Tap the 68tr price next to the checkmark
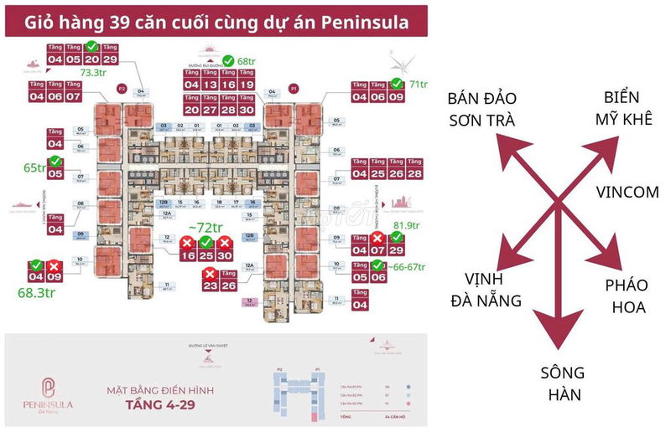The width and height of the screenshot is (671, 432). [245, 61]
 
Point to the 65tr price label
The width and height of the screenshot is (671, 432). [34, 167]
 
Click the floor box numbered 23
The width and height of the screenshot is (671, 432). [210, 285]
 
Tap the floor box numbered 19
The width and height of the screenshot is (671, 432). [246, 85]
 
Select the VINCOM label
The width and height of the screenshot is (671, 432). [627, 192]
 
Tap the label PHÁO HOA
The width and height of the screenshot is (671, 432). [626, 296]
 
